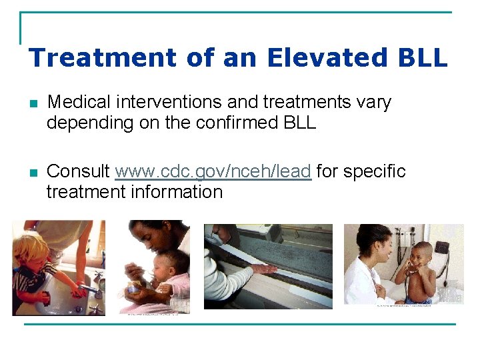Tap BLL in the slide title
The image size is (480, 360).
click(x=421, y=57)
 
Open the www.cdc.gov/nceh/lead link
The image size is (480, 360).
click(x=213, y=171)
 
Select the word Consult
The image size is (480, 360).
click(x=79, y=171)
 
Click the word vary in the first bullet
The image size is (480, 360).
click(x=374, y=102)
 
